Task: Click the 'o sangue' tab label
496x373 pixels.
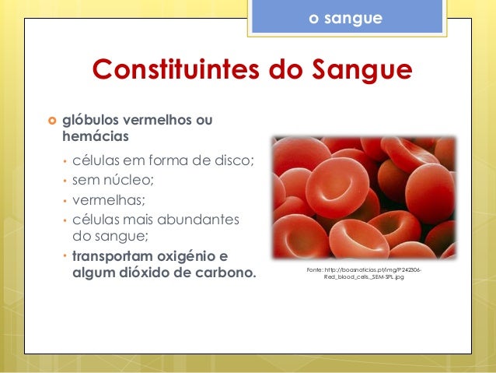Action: click(345, 16)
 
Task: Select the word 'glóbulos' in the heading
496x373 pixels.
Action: click(87, 121)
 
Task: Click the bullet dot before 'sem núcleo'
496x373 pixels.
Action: click(64, 181)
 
